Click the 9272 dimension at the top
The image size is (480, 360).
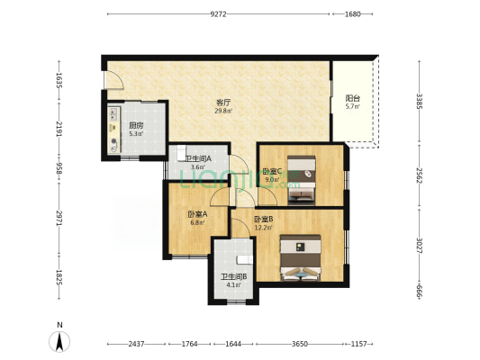pyautogui.click(x=218, y=14)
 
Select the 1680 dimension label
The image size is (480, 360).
pyautogui.click(x=353, y=14)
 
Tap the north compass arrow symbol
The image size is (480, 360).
pyautogui.click(x=59, y=341)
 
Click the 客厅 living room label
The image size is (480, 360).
pyautogui.click(x=223, y=103)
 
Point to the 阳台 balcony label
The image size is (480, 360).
pyautogui.click(x=353, y=98)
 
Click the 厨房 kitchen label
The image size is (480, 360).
pyautogui.click(x=136, y=126)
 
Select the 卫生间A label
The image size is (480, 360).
pyautogui.click(x=198, y=158)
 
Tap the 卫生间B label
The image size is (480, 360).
pyautogui.click(x=234, y=277)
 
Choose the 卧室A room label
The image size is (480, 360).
pyautogui.click(x=197, y=214)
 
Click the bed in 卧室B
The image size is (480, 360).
pyautogui.click(x=301, y=257)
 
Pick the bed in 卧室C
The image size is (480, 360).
pyautogui.click(x=302, y=180)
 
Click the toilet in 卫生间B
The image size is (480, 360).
pyautogui.click(x=245, y=260)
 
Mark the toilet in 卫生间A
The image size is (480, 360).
pyautogui.click(x=181, y=153)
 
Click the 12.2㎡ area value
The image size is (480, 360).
pyautogui.click(x=263, y=228)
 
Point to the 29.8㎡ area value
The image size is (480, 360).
pyautogui.click(x=223, y=111)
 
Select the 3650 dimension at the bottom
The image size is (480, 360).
pyautogui.click(x=300, y=344)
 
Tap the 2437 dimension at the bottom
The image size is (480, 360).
pyautogui.click(x=136, y=344)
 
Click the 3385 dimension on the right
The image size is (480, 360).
pyautogui.click(x=419, y=101)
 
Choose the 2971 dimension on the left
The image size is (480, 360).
pyautogui.click(x=59, y=218)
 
